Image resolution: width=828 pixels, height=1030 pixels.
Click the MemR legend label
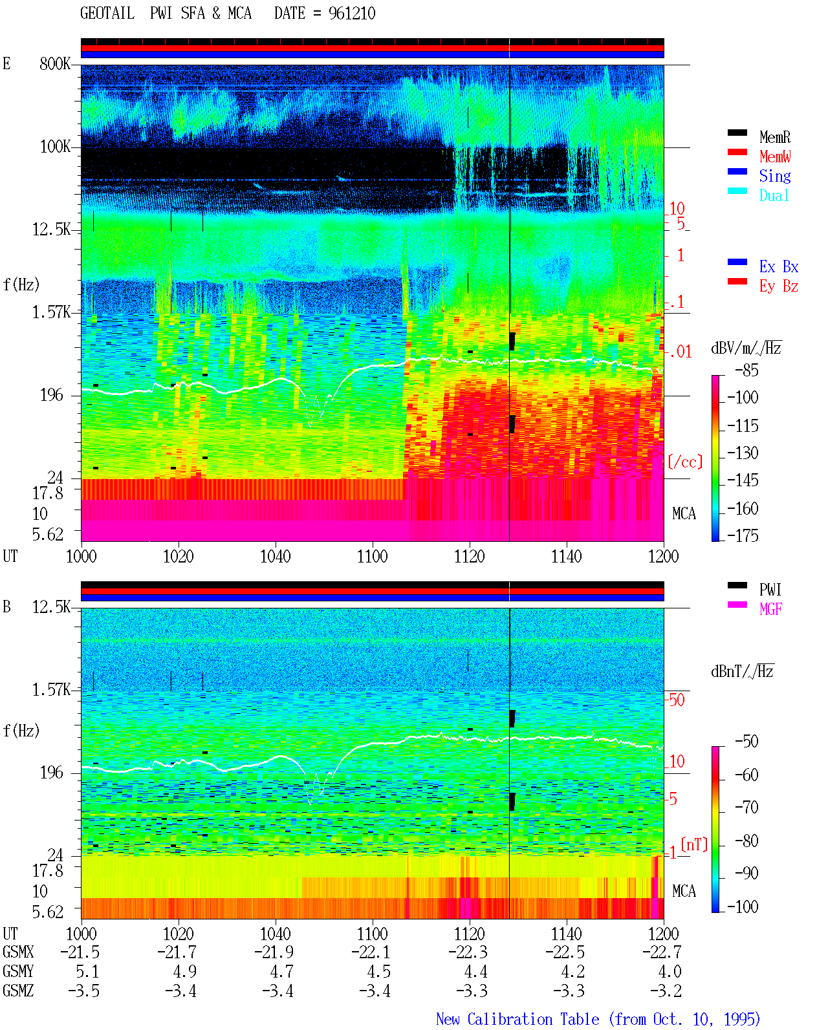[774, 137]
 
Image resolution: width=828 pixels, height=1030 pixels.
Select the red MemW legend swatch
[737, 152]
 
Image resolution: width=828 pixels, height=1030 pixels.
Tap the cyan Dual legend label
[774, 195]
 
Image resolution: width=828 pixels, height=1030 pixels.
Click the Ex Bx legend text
[779, 266]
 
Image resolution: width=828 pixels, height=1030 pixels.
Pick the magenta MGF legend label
[770, 609]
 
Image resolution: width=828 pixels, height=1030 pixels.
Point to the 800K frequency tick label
[55, 63]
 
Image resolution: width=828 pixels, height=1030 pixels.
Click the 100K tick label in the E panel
[55, 147]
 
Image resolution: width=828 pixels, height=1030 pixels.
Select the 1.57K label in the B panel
[51, 690]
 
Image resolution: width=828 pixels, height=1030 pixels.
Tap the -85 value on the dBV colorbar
[746, 370]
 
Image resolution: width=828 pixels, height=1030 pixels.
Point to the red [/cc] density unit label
[685, 462]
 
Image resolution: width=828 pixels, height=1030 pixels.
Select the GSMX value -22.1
[371, 952]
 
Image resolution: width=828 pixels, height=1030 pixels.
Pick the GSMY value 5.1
[87, 971]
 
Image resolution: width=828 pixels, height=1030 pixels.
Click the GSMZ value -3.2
[666, 991]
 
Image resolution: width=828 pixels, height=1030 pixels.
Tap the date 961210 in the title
[352, 14]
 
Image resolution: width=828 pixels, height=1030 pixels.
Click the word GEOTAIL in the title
[107, 13]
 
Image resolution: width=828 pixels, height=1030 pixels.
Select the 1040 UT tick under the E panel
[276, 556]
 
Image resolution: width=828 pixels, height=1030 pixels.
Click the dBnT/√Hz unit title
[743, 671]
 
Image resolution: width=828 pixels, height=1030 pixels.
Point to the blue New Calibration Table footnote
[598, 1019]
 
